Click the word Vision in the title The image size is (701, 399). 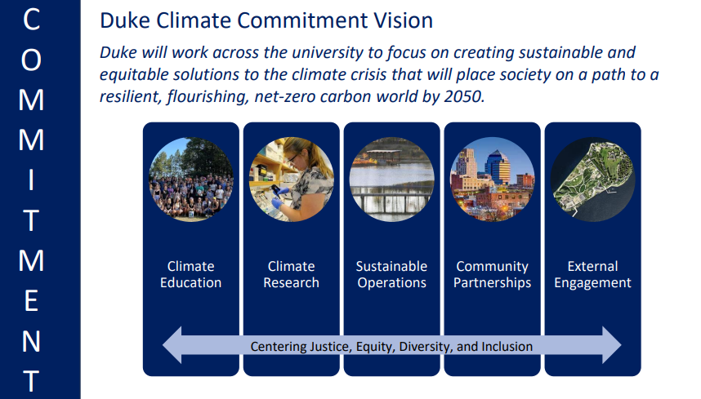pos(404,20)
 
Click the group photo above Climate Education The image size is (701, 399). pos(191,180)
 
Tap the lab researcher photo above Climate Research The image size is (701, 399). pos(292,180)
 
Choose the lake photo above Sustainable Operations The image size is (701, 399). pos(391,180)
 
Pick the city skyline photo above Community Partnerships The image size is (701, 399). pos(492,180)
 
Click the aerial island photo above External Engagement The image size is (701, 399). pos(593,180)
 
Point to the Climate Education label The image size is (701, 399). pos(191,274)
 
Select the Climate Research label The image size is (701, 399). pos(292,274)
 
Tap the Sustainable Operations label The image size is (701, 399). pos(391,274)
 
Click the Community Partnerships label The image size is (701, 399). pos(492,274)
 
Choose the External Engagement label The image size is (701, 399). pos(593,274)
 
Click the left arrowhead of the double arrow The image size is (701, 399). pos(172,345)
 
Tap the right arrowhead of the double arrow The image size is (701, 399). pos(612,345)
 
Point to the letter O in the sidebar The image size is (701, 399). pos(31,60)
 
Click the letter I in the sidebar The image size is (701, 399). pos(31,180)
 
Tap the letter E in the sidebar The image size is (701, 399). pos(31,301)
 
